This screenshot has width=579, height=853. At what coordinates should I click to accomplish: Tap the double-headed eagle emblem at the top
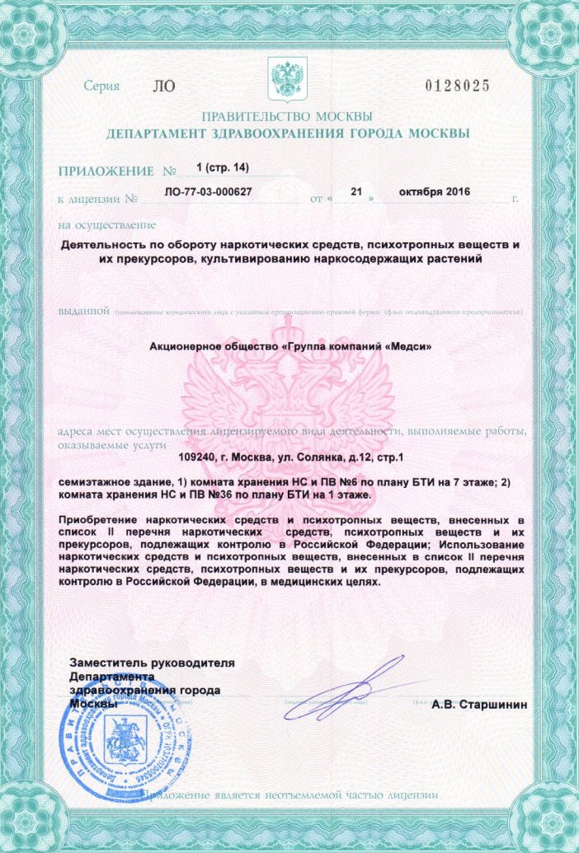(288, 78)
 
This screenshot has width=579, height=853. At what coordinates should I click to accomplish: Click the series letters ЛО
(164, 86)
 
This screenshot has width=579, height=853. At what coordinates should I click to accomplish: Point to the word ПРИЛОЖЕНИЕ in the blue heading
(106, 172)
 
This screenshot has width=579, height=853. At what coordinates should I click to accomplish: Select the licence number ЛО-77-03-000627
(208, 191)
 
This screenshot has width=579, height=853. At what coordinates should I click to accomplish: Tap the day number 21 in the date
(356, 191)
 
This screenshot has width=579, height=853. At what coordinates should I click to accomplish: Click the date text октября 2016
(434, 191)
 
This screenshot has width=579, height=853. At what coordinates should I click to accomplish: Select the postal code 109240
(199, 456)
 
